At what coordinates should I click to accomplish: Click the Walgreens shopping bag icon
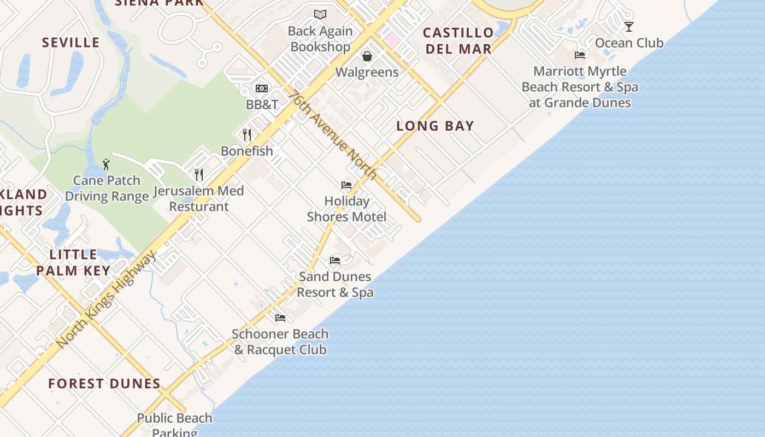pyautogui.click(x=367, y=56)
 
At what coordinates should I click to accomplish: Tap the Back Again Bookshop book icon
pyautogui.click(x=320, y=15)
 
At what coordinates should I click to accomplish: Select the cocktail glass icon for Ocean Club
pyautogui.click(x=629, y=26)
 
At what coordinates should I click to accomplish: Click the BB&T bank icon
pyautogui.click(x=262, y=88)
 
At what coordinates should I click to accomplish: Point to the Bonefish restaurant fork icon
pyautogui.click(x=247, y=134)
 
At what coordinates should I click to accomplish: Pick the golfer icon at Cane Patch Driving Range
pyautogui.click(x=106, y=164)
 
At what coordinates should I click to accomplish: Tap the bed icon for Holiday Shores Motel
pyautogui.click(x=346, y=185)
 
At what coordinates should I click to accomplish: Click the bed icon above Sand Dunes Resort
pyautogui.click(x=335, y=261)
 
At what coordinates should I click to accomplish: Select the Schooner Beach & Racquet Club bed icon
pyautogui.click(x=280, y=318)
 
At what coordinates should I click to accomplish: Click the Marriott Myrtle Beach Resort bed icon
pyautogui.click(x=580, y=55)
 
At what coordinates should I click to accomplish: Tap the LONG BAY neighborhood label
pyautogui.click(x=435, y=126)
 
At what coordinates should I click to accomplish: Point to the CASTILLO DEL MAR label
pyautogui.click(x=458, y=40)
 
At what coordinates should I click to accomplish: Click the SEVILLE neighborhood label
pyautogui.click(x=71, y=43)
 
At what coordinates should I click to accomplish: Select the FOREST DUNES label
pyautogui.click(x=104, y=383)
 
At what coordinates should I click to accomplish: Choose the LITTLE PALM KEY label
pyautogui.click(x=73, y=262)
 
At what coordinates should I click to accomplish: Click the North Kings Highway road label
pyautogui.click(x=107, y=299)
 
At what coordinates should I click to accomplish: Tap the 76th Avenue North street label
pyautogui.click(x=333, y=134)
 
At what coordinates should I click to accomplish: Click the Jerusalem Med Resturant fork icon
pyautogui.click(x=199, y=175)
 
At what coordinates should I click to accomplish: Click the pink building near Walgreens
pyautogui.click(x=391, y=39)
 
